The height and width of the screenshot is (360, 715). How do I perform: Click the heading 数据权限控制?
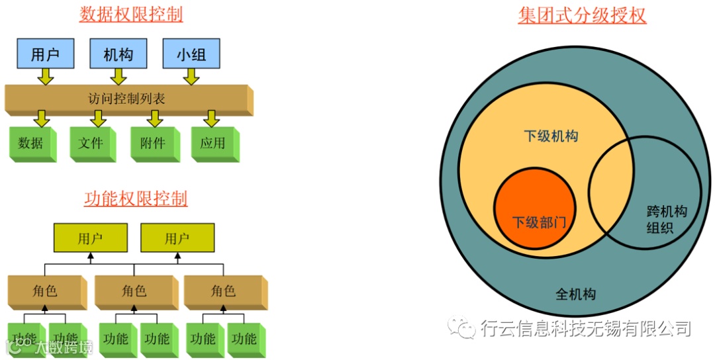click(131, 15)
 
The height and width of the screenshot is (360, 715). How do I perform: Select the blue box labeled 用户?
click(45, 54)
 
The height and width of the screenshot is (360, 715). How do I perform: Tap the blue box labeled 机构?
click(118, 54)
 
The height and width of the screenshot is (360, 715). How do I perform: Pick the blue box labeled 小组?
click(191, 54)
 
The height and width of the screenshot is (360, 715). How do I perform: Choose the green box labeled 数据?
click(30, 142)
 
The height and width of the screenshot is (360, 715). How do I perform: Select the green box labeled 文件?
click(91, 142)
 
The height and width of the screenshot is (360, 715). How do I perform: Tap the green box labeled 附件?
click(152, 142)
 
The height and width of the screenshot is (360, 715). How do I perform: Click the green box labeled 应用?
click(213, 142)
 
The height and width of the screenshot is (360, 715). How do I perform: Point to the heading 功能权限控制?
click(136, 199)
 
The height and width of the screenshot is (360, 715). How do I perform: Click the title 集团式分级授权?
click(582, 15)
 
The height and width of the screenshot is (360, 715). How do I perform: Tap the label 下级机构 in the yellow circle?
click(551, 136)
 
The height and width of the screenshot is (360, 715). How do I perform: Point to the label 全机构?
click(575, 294)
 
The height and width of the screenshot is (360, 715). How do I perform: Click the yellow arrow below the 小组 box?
click(191, 77)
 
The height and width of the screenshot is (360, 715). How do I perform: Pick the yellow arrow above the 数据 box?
click(41, 118)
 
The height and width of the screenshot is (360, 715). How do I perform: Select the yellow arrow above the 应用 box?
click(211, 118)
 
